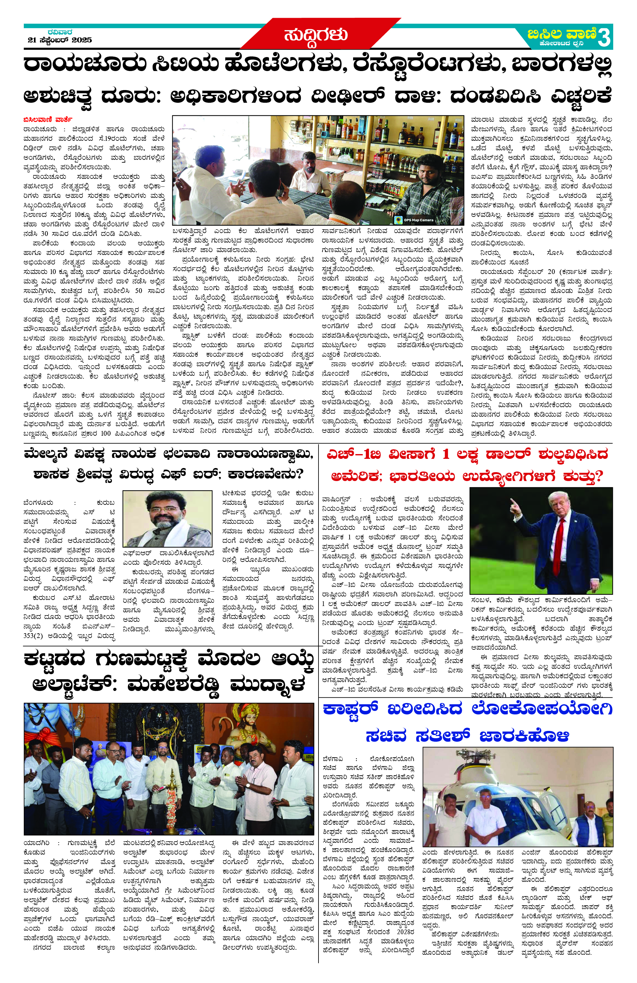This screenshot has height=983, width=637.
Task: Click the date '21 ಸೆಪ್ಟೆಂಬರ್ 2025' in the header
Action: (x=60, y=40)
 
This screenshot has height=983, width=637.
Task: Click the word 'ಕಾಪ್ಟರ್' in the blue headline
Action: (x=351, y=709)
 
